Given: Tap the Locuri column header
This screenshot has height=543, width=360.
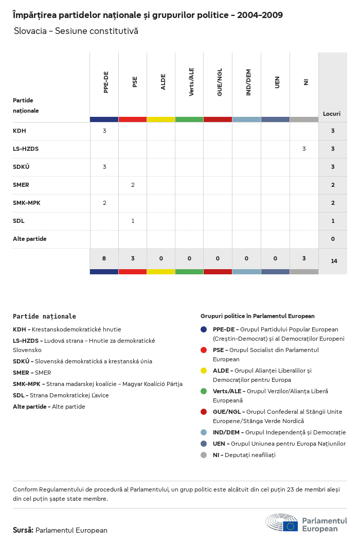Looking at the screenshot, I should point(331,114).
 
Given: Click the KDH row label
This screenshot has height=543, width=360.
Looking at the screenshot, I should point(20,131).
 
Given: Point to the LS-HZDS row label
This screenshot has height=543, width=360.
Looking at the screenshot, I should point(26,149).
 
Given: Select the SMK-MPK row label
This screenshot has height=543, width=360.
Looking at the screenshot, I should point(27,203).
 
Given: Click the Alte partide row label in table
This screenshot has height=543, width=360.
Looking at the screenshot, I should point(30,239).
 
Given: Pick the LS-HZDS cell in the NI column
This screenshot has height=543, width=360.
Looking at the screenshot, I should point(304,149).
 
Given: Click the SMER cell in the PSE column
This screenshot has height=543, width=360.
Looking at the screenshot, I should point(133,185).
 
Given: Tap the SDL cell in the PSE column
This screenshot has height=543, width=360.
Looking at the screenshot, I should point(133,221).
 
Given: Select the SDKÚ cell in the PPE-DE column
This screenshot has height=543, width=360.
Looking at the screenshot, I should point(104,167).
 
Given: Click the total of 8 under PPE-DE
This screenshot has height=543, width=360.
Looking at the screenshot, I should point(104,258).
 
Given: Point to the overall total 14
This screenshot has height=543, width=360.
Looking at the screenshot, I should point(334,261).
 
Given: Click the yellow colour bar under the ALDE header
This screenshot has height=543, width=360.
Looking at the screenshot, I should point(161,119).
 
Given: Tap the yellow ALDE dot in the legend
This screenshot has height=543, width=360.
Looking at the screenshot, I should point(204,371).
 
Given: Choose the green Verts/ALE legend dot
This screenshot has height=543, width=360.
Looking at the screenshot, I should point(204,391).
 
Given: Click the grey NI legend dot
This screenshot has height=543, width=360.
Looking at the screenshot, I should point(204,455).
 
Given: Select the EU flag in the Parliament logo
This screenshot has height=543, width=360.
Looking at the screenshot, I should point(290,526).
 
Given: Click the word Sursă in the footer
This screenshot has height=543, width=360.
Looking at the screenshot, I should point(23,530).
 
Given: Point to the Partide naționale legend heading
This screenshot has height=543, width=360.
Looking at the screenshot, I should point(44,316).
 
